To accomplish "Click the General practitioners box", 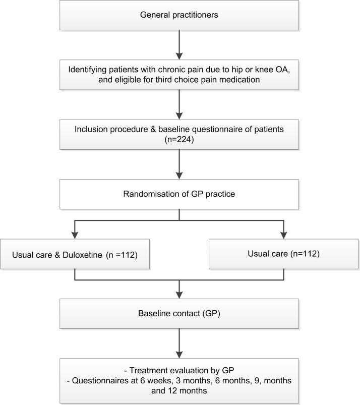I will pyautogui.click(x=179, y=15).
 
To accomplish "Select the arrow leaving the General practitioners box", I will pyautogui.click(x=179, y=43).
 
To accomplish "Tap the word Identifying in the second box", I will pyautogui.click(x=92, y=68).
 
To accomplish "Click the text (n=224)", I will pyautogui.click(x=179, y=140).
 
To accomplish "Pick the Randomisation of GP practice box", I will pyautogui.click(x=179, y=194).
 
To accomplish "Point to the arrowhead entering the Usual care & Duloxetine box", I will pyautogui.click(x=75, y=235).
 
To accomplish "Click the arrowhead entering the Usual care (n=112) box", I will pyautogui.click(x=283, y=235).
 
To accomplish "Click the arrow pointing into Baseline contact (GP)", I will pyautogui.click(x=179, y=290).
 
